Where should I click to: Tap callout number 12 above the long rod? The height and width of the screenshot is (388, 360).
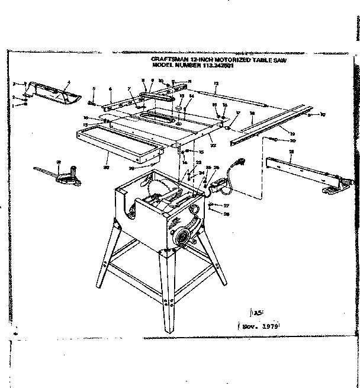(216, 84)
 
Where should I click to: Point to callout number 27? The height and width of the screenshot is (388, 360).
(226, 205)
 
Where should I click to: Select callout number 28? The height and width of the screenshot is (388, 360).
(226, 213)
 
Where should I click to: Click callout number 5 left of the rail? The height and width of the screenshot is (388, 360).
(94, 89)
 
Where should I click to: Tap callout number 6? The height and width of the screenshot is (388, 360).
(110, 89)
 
